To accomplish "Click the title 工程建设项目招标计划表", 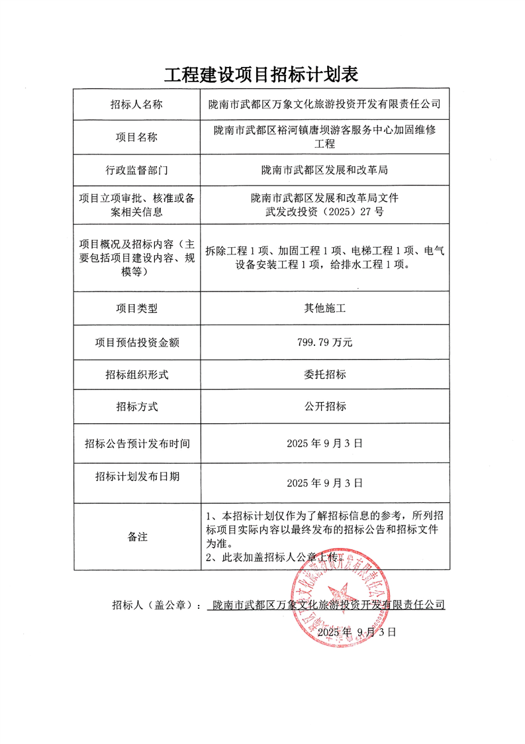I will pos(262,74).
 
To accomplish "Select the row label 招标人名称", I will pos(137,105).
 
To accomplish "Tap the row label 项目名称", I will pos(137,138).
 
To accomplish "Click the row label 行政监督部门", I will pos(137,170).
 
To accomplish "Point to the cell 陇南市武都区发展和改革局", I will pos(324,170).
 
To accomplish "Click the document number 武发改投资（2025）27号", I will pos(324,212).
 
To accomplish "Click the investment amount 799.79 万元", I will pos(324,343).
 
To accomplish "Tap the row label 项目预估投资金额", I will pos(137,343).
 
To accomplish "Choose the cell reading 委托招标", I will pos(324,375).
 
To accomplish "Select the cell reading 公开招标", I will pos(324,407).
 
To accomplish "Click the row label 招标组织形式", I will pos(137,375).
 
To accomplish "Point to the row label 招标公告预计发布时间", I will pos(137,443).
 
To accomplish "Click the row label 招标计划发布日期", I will pos(137,476).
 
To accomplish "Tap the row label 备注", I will pos(137,537).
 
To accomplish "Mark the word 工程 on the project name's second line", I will pos(324,144).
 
